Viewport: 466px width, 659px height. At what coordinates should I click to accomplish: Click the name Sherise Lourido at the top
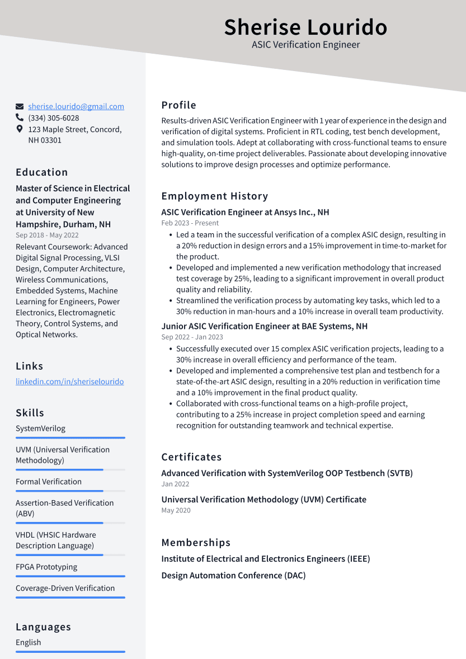click(x=305, y=27)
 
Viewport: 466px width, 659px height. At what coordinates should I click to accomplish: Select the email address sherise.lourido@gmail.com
click(x=76, y=106)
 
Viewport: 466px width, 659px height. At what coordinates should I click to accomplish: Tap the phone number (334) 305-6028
click(x=54, y=118)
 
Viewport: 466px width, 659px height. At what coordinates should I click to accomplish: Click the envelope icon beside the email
click(x=20, y=106)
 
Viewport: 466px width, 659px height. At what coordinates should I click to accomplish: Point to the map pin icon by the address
click(x=20, y=129)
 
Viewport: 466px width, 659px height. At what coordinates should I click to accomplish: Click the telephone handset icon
click(x=20, y=118)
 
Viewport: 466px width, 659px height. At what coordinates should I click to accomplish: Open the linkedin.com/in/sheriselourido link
click(x=70, y=382)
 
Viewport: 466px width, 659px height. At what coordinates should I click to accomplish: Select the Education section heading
click(x=42, y=172)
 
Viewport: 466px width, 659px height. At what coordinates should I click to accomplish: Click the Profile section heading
click(x=179, y=105)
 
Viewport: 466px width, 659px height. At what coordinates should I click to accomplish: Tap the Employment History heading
click(x=215, y=196)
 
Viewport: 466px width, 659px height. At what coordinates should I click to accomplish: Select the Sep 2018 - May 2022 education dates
click(x=47, y=236)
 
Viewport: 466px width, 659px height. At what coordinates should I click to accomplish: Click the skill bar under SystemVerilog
click(x=70, y=438)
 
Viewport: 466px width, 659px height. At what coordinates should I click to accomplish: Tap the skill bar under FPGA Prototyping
click(x=70, y=576)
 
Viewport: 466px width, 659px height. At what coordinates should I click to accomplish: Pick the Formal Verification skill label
click(x=49, y=482)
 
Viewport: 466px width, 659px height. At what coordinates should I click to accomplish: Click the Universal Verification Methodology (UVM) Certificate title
click(x=263, y=499)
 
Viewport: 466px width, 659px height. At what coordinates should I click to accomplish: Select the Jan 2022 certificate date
click(x=175, y=484)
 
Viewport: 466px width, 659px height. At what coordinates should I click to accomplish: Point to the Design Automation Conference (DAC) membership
click(x=233, y=575)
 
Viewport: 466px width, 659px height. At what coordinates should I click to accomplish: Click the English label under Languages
click(x=29, y=642)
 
